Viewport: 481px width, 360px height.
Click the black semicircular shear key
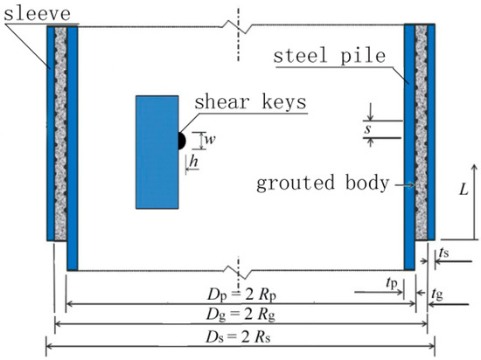[x=181, y=138]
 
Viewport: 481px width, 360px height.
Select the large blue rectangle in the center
[x=157, y=151]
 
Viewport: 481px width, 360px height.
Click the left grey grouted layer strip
[x=60, y=131]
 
